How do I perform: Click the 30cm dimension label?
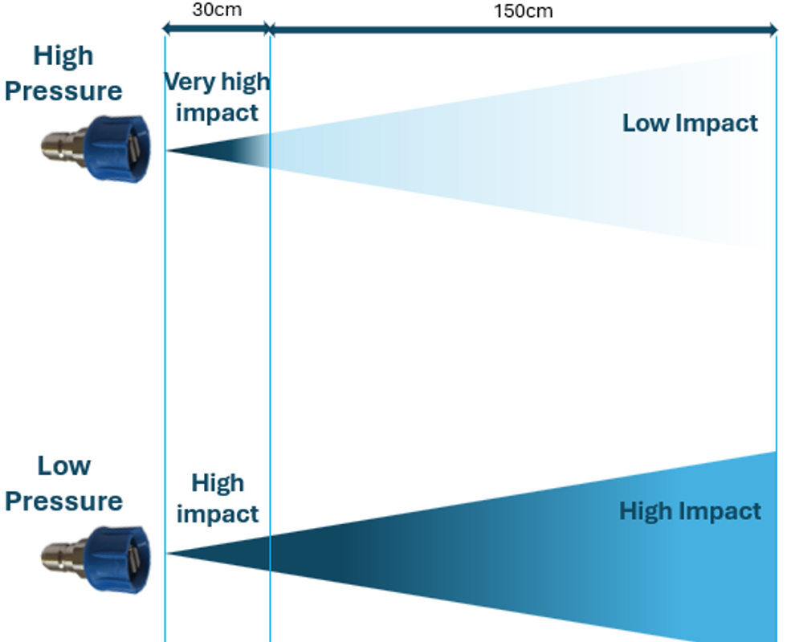click(217, 10)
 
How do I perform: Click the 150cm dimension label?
click(523, 11)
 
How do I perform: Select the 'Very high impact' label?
click(217, 96)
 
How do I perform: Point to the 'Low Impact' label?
click(690, 123)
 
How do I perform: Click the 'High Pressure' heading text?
click(63, 73)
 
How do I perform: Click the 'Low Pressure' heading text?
click(63, 483)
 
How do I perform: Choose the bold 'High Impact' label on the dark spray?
click(690, 511)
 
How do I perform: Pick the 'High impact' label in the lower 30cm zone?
click(218, 498)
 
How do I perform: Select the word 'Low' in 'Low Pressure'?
click(63, 465)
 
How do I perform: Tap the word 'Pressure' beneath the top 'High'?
click(63, 91)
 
